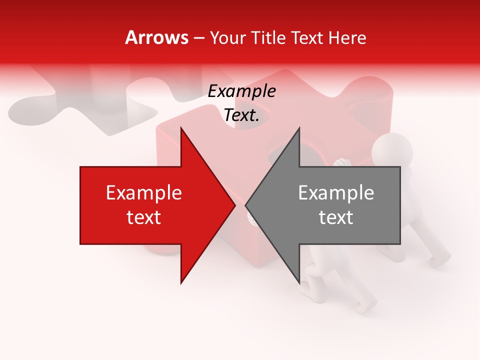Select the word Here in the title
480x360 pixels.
click(x=347, y=37)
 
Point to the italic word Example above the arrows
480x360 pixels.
click(x=241, y=91)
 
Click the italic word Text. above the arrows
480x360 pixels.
click(x=241, y=115)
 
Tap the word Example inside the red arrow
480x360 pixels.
click(x=144, y=193)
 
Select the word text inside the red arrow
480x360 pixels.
click(x=144, y=217)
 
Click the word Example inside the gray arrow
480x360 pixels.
click(x=336, y=193)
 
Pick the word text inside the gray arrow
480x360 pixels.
click(x=336, y=217)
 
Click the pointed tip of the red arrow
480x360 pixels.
click(x=235, y=205)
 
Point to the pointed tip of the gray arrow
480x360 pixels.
click(x=245, y=205)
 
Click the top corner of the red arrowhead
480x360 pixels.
click(x=181, y=127)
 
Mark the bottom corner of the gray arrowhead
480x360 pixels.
click(x=299, y=283)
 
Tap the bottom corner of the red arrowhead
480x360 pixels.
click(x=181, y=283)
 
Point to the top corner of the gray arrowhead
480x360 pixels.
click(x=299, y=127)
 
